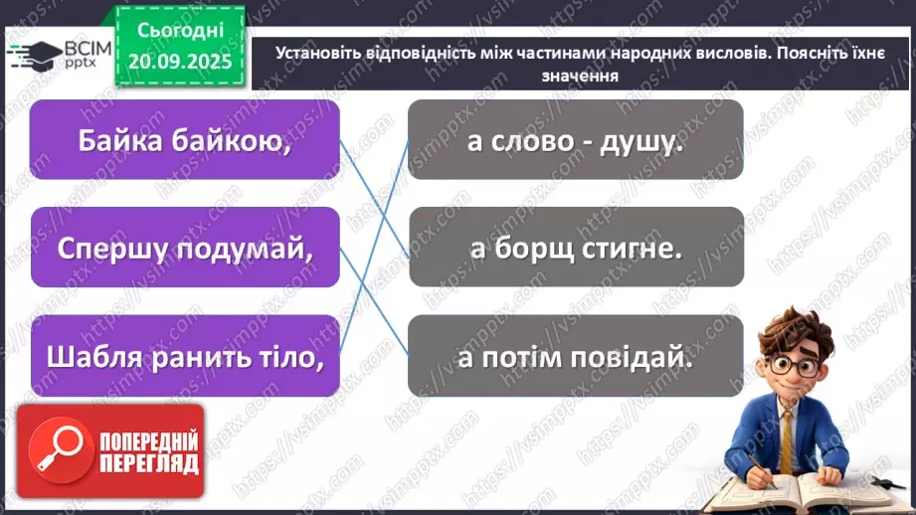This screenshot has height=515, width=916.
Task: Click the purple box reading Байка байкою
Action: click(184, 140)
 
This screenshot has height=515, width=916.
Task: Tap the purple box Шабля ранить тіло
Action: click(184, 355)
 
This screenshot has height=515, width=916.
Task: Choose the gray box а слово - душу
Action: click(575, 140)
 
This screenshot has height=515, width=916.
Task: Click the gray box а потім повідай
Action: click(575, 355)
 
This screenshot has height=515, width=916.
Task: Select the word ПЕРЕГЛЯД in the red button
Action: click(149, 464)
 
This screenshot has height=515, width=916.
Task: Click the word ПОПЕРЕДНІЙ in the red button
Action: click(149, 440)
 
